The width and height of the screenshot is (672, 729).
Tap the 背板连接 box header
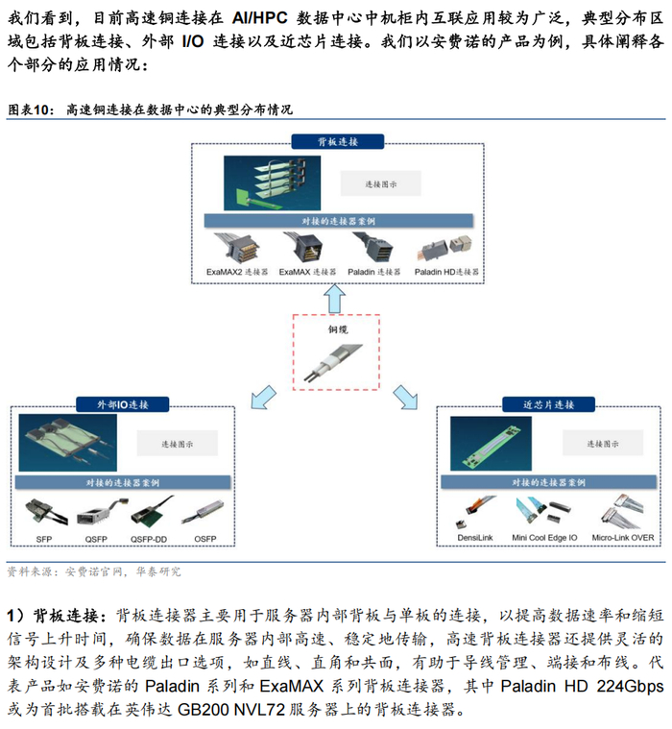point(338,140)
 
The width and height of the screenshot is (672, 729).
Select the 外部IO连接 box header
point(122,405)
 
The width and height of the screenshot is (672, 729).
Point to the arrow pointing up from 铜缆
point(334,300)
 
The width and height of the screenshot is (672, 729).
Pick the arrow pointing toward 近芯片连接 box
point(406,393)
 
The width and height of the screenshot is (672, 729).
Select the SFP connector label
point(44,538)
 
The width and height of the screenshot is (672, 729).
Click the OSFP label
point(204,538)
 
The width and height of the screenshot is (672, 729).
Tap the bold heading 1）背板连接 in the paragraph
point(60,614)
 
